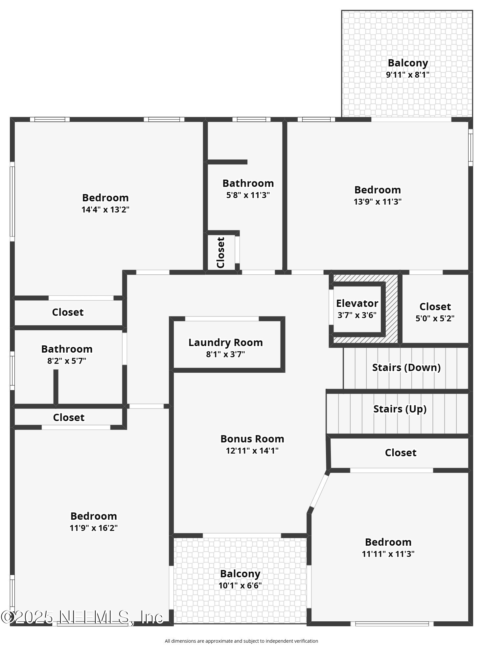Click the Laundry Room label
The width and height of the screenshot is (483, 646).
pos(225,342)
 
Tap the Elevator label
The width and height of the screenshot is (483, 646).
pos(357,303)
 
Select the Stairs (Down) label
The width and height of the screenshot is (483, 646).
pos(406,367)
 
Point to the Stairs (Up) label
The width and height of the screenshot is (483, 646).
pos(400,409)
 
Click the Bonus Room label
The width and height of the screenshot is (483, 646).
pos(252,439)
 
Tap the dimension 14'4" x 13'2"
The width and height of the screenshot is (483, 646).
pos(105,210)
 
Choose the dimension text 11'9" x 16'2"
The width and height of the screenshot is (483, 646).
pos(94,528)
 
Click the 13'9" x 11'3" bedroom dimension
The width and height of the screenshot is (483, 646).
pos(378,202)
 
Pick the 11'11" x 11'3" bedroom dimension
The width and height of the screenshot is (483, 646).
pos(388,554)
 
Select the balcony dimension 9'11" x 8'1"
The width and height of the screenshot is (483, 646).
pos(407,75)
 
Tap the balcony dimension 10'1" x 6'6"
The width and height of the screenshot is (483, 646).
pos(240,585)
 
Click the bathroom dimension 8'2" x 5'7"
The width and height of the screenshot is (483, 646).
pos(67,361)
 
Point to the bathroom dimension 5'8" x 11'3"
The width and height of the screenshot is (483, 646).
pos(248,195)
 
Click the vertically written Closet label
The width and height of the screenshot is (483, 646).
pos(220,253)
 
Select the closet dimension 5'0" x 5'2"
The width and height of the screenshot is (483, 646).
pos(435,318)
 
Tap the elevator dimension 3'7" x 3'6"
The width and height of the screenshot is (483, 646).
pos(357,315)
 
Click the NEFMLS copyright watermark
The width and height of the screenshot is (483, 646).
pos(82,617)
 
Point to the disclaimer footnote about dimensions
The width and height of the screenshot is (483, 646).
pos(241,641)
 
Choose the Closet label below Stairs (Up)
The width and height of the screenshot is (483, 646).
pos(401,453)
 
